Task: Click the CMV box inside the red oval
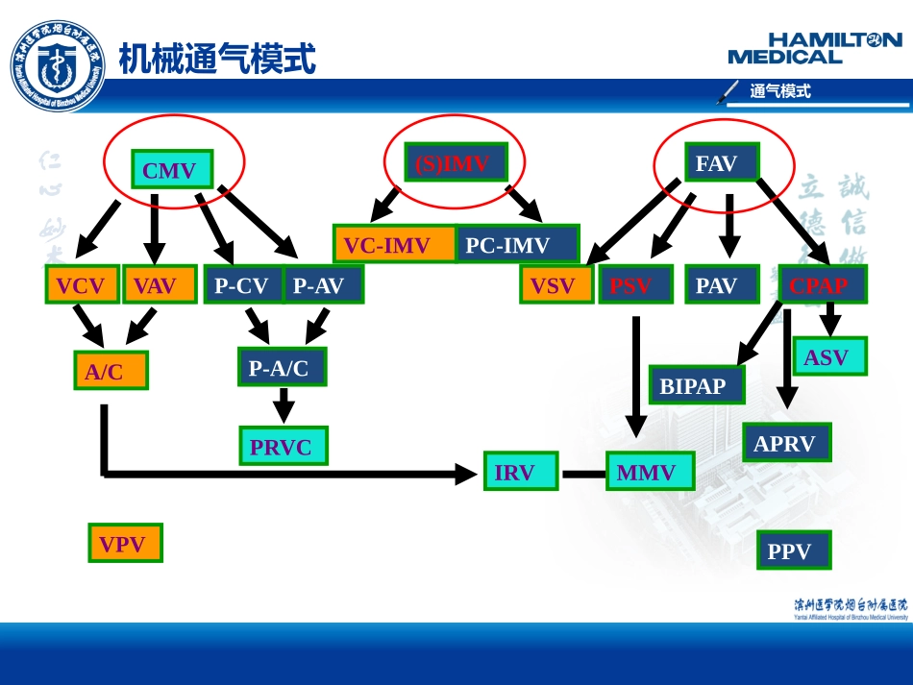(x=172, y=171)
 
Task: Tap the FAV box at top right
(x=721, y=163)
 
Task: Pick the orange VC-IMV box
(x=394, y=244)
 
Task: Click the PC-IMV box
(x=517, y=244)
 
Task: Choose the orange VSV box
(x=556, y=284)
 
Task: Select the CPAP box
(x=822, y=284)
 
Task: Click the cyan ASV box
(x=829, y=356)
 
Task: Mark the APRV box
(x=786, y=443)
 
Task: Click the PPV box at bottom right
(x=793, y=550)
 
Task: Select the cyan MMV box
(x=650, y=472)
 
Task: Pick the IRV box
(x=520, y=472)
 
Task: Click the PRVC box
(x=283, y=446)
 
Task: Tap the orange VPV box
(x=125, y=544)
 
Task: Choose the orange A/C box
(x=111, y=371)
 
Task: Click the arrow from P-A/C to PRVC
(x=283, y=405)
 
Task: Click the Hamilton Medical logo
(x=815, y=48)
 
